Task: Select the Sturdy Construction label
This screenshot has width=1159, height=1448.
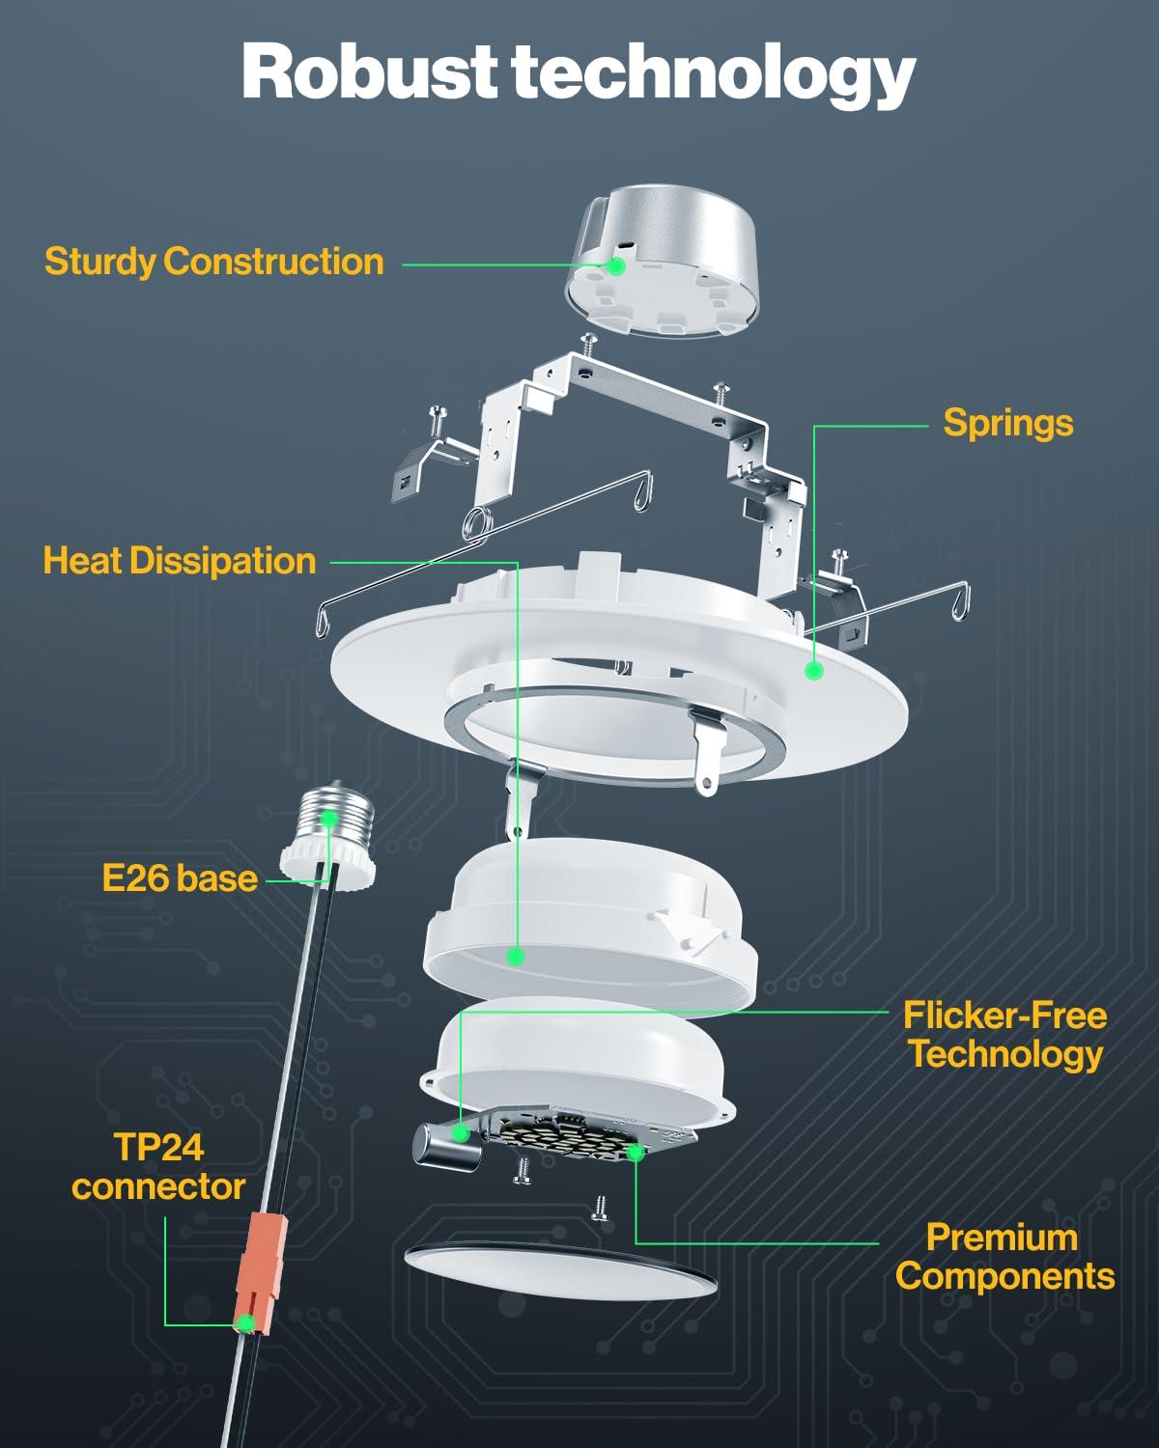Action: (213, 262)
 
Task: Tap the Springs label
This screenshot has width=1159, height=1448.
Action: (1007, 423)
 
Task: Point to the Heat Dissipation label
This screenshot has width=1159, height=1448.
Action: (180, 561)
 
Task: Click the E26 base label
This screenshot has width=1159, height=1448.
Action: (180, 878)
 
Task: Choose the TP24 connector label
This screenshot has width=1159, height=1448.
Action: (158, 1167)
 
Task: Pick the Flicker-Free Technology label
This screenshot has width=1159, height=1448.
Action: (1004, 1034)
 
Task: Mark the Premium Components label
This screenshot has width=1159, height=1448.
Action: (1004, 1256)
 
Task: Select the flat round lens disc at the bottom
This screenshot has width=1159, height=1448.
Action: (560, 1265)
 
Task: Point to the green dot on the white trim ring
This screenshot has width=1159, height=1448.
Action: (814, 670)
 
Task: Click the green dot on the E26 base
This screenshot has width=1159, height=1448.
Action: (328, 819)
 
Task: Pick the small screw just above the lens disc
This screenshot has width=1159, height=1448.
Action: (601, 1208)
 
